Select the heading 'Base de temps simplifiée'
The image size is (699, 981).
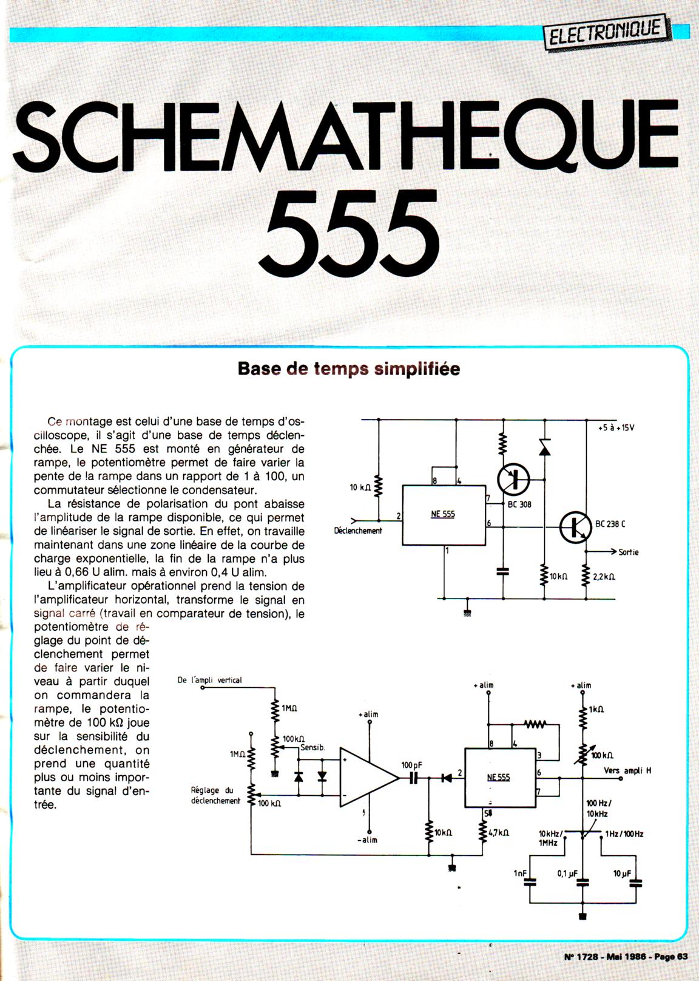pyautogui.click(x=349, y=368)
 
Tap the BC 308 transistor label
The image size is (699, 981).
pyautogui.click(x=519, y=504)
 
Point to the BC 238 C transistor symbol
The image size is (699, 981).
pyautogui.click(x=575, y=527)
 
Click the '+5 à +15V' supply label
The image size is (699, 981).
pyautogui.click(x=616, y=427)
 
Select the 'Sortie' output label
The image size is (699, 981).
pyautogui.click(x=629, y=552)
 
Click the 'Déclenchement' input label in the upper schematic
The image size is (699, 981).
pyautogui.click(x=358, y=531)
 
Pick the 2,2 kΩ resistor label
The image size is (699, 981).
pyautogui.click(x=604, y=576)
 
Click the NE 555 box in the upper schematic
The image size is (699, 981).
pyautogui.click(x=444, y=515)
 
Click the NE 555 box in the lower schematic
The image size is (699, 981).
pyautogui.click(x=499, y=778)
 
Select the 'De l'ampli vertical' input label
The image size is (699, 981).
pyautogui.click(x=210, y=680)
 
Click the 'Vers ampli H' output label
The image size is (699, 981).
pyautogui.click(x=628, y=770)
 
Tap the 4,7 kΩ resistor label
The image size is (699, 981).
pyautogui.click(x=498, y=833)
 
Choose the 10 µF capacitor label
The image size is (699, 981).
pyautogui.click(x=623, y=874)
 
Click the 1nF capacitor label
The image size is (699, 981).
pyautogui.click(x=521, y=874)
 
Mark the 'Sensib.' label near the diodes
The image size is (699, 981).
pyautogui.click(x=313, y=747)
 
